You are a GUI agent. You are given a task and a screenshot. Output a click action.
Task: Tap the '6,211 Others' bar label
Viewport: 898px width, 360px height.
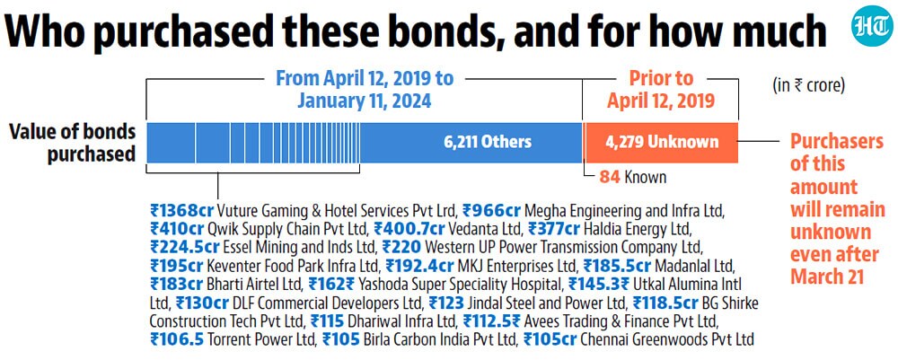488,142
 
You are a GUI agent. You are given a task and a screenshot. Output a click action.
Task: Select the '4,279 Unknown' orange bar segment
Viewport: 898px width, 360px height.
661,143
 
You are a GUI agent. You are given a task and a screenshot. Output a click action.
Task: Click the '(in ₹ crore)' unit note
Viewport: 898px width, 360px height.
809,86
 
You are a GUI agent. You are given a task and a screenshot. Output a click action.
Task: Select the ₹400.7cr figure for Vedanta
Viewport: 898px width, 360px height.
409,229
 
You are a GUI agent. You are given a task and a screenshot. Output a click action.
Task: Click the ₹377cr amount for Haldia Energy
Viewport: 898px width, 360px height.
554,229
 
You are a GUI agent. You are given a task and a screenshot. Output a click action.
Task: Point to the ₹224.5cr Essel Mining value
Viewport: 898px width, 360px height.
184,248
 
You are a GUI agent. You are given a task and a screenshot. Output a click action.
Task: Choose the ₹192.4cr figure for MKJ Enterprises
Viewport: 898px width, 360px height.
419,266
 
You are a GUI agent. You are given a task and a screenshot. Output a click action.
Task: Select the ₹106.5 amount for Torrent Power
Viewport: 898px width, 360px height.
177,340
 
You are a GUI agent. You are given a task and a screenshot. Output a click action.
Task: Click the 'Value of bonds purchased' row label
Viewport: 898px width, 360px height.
73,143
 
